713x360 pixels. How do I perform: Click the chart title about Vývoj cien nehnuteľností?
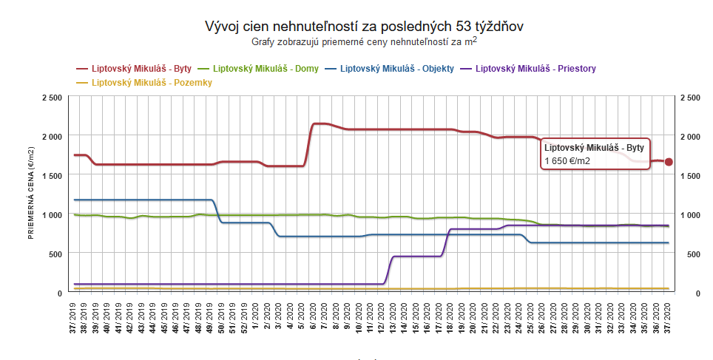[364, 27]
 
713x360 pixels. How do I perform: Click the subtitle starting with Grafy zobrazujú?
[364, 42]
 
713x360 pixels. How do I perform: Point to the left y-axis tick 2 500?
[52, 97]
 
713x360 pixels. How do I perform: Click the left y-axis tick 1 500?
[52, 175]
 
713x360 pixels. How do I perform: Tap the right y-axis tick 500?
[687, 254]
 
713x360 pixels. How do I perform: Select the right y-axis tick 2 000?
[690, 137]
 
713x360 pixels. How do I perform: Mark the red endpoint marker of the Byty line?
[669, 162]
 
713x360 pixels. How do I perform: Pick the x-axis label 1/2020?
[256, 322]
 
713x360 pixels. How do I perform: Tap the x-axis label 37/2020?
[668, 321]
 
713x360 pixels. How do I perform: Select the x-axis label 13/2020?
[393, 321]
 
